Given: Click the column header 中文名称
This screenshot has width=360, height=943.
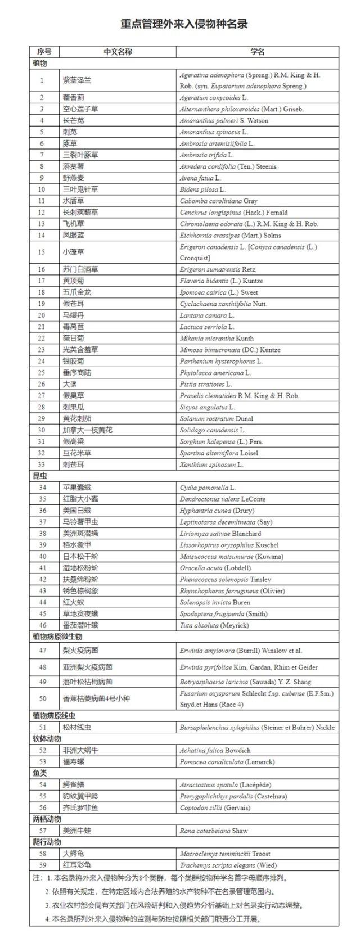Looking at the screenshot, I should (118, 52).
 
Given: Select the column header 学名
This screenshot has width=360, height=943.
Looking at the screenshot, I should (258, 52).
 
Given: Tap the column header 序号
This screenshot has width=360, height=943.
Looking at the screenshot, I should (44, 52).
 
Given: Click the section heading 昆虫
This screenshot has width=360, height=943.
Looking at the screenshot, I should (40, 476).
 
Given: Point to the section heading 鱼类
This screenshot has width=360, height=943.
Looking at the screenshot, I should (40, 773).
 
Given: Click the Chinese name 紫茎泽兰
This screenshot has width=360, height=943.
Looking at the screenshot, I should (76, 80).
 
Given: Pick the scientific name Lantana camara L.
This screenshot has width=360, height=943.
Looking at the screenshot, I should (207, 315).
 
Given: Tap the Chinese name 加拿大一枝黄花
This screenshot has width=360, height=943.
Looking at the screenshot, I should (87, 430).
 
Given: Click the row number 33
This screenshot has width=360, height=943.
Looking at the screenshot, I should (42, 464).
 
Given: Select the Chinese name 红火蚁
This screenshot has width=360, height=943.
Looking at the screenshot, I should (73, 602).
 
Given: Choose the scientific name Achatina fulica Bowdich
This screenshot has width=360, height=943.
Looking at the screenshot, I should (215, 750).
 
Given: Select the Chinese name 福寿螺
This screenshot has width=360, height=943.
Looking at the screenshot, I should (73, 762).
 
